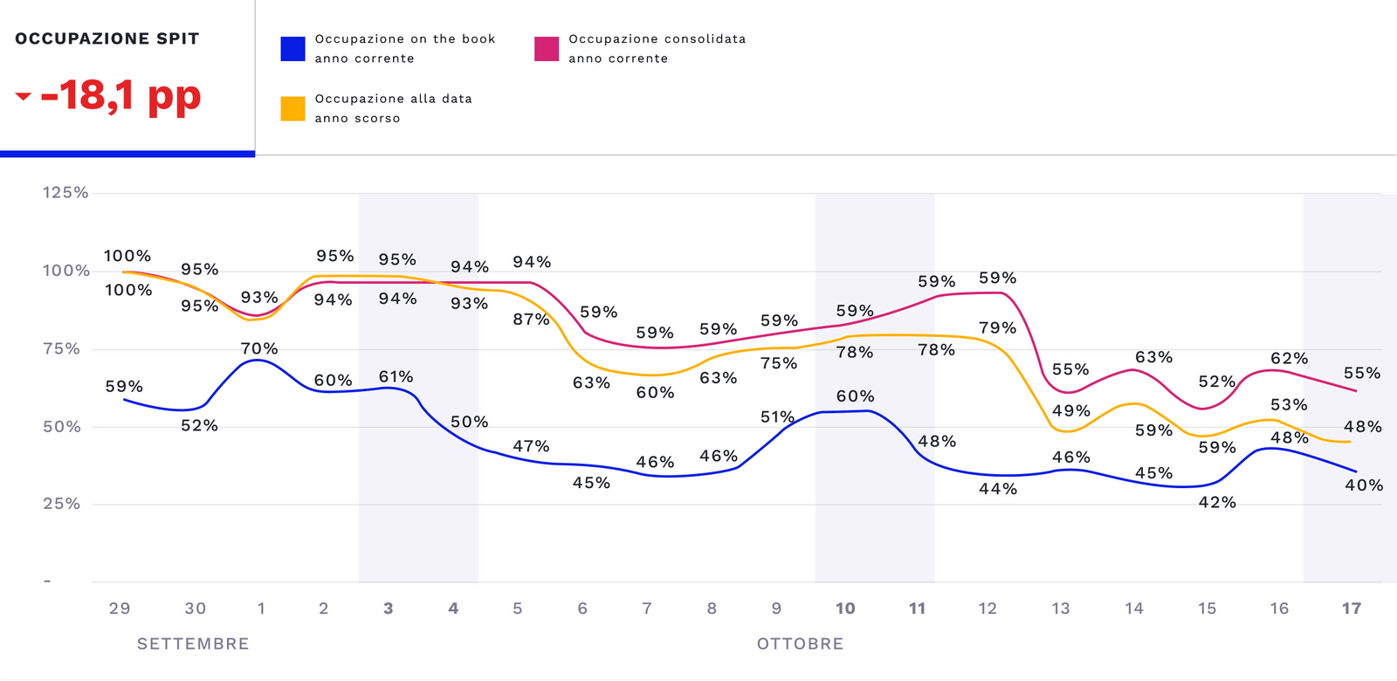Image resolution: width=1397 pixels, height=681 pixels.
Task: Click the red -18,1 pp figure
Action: pyautogui.click(x=120, y=95)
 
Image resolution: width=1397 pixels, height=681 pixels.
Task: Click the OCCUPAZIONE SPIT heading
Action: pyautogui.click(x=107, y=38)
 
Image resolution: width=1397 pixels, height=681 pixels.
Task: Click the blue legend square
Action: pyautogui.click(x=292, y=49)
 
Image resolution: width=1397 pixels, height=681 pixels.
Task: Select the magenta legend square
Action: pyautogui.click(x=547, y=49)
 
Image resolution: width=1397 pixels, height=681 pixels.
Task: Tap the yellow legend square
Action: pyautogui.click(x=292, y=108)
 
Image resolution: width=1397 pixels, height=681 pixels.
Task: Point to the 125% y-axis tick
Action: pyautogui.click(x=65, y=192)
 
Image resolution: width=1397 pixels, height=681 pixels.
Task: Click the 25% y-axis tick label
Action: pyautogui.click(x=62, y=504)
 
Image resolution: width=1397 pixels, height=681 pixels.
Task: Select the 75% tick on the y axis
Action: pyautogui.click(x=62, y=348)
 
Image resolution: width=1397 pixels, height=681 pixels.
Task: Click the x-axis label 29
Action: pyautogui.click(x=120, y=609)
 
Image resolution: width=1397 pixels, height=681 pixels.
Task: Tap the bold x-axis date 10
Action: pyautogui.click(x=845, y=609)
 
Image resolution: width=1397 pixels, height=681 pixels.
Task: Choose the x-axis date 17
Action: pyautogui.click(x=1352, y=609)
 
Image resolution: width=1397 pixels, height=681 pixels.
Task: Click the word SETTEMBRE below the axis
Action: pyautogui.click(x=193, y=643)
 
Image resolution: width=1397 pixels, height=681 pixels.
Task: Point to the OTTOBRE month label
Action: pyautogui.click(x=800, y=643)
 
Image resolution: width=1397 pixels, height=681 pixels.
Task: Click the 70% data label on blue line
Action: pyautogui.click(x=259, y=348)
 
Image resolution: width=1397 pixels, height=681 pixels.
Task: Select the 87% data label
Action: pyautogui.click(x=531, y=319)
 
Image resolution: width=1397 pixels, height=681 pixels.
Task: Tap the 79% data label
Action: pyautogui.click(x=997, y=327)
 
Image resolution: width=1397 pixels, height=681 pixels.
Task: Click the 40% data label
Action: pyautogui.click(x=1364, y=485)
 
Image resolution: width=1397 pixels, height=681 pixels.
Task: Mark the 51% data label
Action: pyautogui.click(x=777, y=416)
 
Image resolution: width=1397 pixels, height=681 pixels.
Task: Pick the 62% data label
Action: pyautogui.click(x=1289, y=358)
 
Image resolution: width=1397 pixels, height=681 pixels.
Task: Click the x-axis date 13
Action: pyautogui.click(x=1060, y=609)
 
